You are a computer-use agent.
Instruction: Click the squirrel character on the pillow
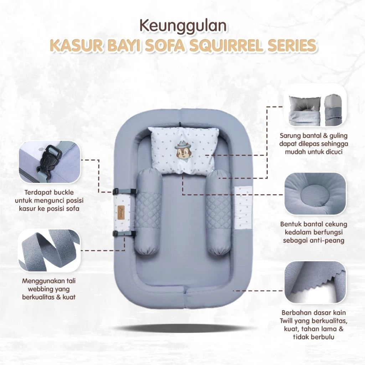[182, 150]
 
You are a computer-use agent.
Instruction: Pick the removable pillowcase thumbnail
[315, 106]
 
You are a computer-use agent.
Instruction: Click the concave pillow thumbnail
[315, 194]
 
